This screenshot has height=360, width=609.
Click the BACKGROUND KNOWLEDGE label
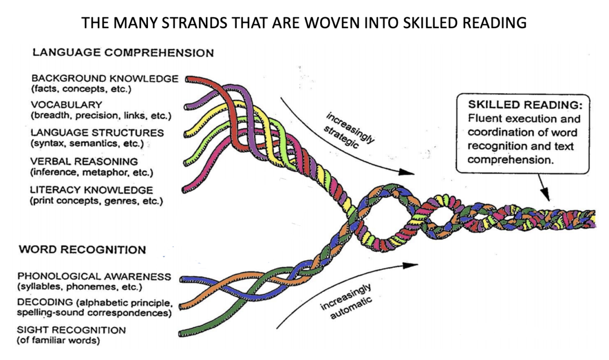(x=105, y=78)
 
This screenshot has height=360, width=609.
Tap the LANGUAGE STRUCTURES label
(x=97, y=133)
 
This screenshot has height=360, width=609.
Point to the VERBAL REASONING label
(x=84, y=161)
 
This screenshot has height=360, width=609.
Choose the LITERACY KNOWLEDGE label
(x=92, y=190)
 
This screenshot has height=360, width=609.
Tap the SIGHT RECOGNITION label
(x=71, y=330)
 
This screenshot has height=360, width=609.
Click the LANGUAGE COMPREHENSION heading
(x=123, y=53)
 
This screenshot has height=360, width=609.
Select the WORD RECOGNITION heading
(x=82, y=250)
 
